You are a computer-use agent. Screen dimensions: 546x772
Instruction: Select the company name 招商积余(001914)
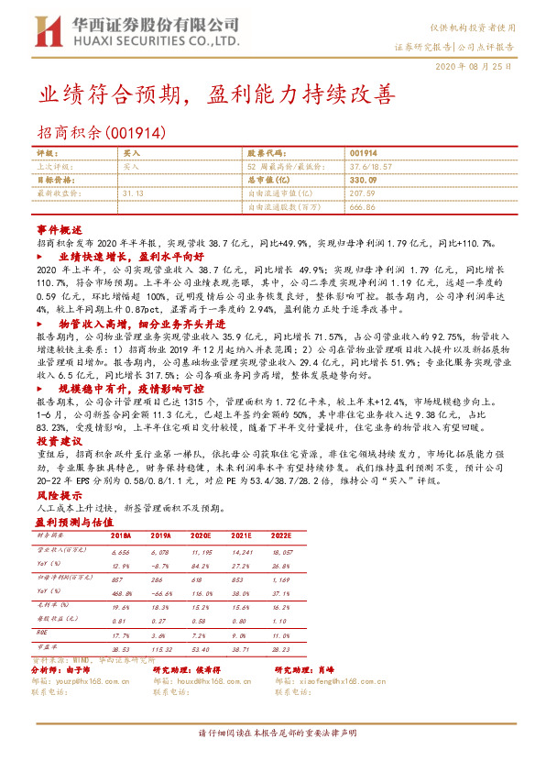[101, 132]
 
